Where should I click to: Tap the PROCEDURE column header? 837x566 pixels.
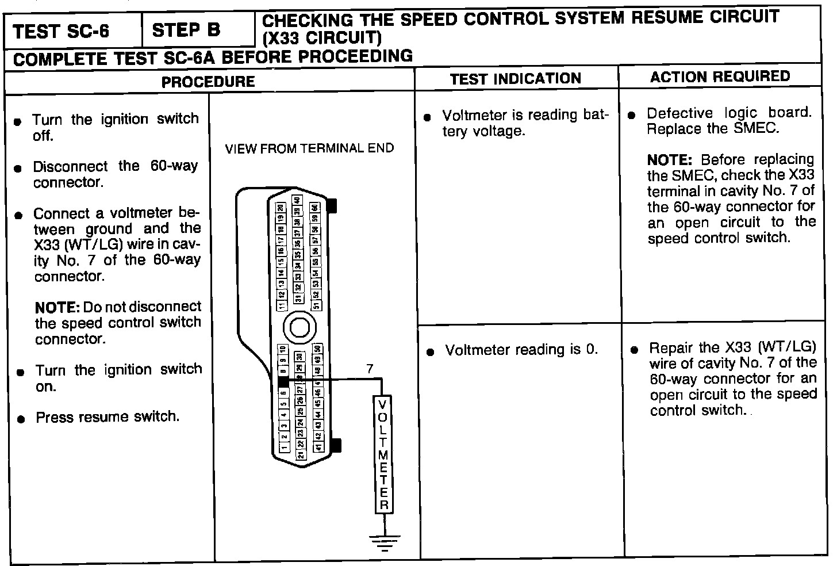pos(208,82)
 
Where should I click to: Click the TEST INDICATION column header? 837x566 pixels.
pos(515,79)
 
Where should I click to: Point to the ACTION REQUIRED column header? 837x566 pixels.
pos(720,77)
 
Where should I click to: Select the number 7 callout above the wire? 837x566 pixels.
pos(370,369)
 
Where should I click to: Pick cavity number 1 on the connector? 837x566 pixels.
pos(283,448)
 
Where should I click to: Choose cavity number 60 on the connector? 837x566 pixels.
pos(315,208)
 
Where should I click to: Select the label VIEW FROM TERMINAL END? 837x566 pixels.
pos(309,148)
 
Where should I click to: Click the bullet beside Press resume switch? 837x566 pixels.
pos(21,419)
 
